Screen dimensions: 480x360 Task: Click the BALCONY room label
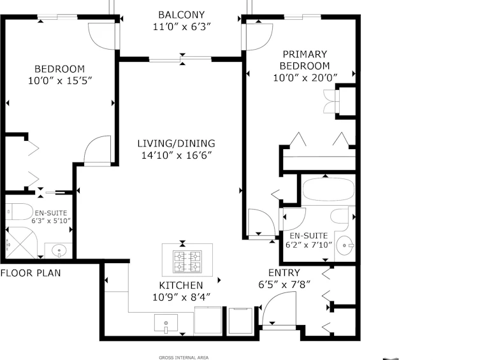tap(182, 15)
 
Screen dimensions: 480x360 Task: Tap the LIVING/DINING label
tap(176, 143)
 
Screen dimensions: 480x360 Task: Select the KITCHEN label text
tap(181, 285)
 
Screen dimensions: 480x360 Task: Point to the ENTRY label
tap(284, 273)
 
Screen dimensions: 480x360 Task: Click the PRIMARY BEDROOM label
tap(305, 60)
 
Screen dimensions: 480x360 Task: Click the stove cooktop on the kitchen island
tap(187, 261)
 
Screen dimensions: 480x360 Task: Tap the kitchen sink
tap(166, 323)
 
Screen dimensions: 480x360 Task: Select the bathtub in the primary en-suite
tap(328, 190)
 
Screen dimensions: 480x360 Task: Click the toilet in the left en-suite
tap(19, 212)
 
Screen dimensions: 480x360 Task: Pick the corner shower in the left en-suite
tap(21, 243)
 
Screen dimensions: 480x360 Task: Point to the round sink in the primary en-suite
tap(345, 245)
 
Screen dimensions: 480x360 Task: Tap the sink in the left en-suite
tap(59, 251)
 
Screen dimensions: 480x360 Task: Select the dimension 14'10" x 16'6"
tap(177, 155)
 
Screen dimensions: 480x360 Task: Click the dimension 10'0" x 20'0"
tap(305, 78)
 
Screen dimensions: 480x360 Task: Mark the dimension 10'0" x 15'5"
tap(60, 81)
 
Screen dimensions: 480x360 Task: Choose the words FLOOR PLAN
tap(31, 273)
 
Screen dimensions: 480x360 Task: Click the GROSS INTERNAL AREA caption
tap(184, 357)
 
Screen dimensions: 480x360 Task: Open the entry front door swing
tap(279, 309)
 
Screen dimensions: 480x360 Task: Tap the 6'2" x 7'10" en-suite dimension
tap(309, 245)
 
